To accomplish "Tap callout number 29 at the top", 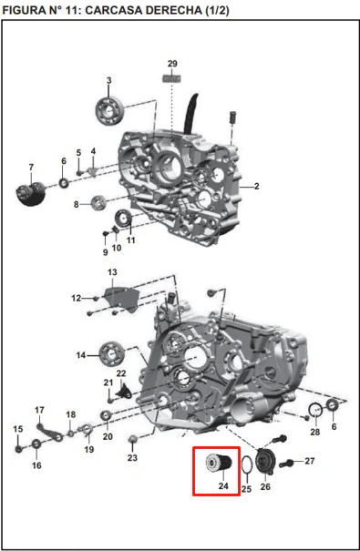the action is pyautogui.click(x=172, y=64).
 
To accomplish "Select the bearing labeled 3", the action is pyautogui.click(x=109, y=111).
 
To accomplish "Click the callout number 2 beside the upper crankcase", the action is pyautogui.click(x=257, y=186).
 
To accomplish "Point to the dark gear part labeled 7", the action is pyautogui.click(x=31, y=193).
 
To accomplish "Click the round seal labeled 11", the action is pyautogui.click(x=123, y=219).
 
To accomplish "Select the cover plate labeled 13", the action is pyautogui.click(x=120, y=300).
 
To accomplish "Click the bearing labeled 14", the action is pyautogui.click(x=112, y=354).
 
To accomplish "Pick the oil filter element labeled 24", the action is pyautogui.click(x=218, y=464).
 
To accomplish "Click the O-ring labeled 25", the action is pyautogui.click(x=247, y=465).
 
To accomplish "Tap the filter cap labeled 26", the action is pyautogui.click(x=265, y=462).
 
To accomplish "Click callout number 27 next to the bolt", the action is pyautogui.click(x=310, y=461).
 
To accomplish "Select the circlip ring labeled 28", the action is pyautogui.click(x=315, y=410).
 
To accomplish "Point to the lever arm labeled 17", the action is pyautogui.click(x=50, y=433).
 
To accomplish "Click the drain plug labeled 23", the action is pyautogui.click(x=132, y=439).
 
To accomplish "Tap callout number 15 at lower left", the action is pyautogui.click(x=18, y=429).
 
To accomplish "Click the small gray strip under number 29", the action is pyautogui.click(x=172, y=78).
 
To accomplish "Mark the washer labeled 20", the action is pyautogui.click(x=106, y=415).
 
